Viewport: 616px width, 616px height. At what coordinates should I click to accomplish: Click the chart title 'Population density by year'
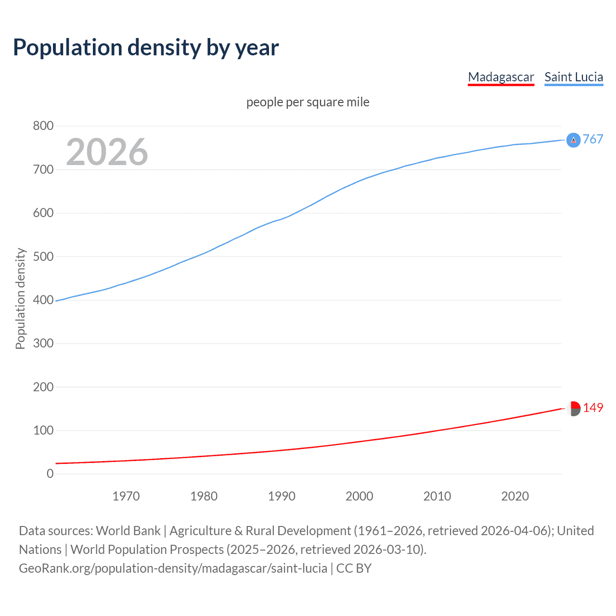pos(146,48)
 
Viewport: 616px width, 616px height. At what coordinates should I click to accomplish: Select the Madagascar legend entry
pos(501,77)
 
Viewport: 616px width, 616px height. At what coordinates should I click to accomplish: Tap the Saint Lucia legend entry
pos(574,77)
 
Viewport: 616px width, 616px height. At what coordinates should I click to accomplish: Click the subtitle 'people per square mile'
pos(308,103)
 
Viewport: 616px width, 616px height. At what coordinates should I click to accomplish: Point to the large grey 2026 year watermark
pos(107,152)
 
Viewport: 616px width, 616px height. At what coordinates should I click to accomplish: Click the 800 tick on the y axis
pos(43,126)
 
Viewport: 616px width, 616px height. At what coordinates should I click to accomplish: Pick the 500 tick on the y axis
pos(43,257)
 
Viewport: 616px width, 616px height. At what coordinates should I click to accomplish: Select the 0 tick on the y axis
pos(50,474)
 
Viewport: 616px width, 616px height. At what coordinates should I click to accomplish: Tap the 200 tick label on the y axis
pos(43,387)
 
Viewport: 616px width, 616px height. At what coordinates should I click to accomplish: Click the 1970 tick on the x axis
pos(126,496)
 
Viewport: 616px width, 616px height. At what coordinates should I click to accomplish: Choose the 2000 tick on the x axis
pos(359,496)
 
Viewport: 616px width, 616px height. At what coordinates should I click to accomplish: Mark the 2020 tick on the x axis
pos(515,496)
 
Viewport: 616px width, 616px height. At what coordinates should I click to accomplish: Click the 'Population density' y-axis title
pos(20,298)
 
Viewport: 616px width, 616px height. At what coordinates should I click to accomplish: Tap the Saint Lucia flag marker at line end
pos(573,140)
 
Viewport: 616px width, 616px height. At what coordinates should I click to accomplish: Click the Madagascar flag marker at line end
pos(573,408)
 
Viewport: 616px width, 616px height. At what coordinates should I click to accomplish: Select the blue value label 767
pos(593,140)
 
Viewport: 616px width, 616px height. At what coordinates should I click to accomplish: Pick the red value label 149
pos(593,408)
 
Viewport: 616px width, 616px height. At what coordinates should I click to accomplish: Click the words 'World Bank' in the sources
pos(128,531)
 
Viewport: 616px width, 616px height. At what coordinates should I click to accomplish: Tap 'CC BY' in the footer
pos(354,568)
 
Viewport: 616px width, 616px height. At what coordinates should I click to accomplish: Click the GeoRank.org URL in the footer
pos(173,568)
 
